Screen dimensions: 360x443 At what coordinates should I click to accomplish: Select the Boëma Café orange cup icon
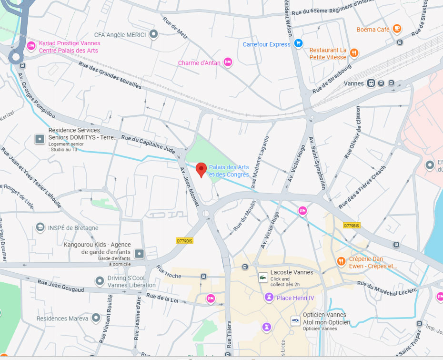[397, 29]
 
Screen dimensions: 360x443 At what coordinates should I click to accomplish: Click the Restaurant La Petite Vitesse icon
[353, 53]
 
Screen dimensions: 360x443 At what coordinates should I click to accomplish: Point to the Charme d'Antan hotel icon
[228, 62]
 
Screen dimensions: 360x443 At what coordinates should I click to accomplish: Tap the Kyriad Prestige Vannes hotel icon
[31, 46]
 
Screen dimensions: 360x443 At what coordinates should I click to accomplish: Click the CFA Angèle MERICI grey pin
[153, 34]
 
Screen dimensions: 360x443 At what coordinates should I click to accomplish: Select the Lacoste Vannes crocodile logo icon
[262, 277]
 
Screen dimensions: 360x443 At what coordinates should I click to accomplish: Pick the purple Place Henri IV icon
[269, 298]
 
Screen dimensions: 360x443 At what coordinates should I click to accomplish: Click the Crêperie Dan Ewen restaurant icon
[341, 261]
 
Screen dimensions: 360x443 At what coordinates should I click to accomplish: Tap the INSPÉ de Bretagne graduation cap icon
[40, 227]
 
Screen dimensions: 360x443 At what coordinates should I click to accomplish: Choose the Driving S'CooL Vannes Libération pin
[99, 281]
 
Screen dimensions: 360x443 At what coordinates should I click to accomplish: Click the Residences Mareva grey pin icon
[96, 318]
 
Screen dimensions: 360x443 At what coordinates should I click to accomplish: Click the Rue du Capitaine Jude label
[148, 144]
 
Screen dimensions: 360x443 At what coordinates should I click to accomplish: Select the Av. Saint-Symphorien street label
[318, 163]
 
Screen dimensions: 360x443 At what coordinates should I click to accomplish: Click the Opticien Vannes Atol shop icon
[295, 320]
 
